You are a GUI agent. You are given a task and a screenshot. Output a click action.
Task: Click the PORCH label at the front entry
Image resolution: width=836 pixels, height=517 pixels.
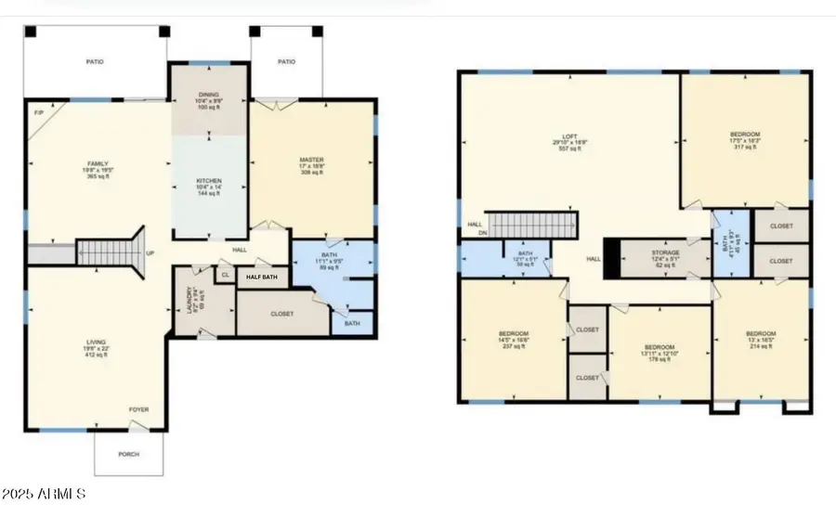tap(130, 454)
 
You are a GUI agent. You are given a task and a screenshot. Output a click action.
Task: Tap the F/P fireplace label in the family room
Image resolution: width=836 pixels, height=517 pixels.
tap(38, 113)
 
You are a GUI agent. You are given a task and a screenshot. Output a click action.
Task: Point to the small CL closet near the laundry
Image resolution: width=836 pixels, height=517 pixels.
tap(225, 275)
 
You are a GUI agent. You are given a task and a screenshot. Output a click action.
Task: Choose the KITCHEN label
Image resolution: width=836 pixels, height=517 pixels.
tap(208, 180)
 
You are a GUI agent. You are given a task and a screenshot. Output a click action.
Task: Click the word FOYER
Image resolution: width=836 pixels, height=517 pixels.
tap(138, 409)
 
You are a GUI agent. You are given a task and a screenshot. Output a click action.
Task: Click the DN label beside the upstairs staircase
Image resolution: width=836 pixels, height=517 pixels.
tap(482, 233)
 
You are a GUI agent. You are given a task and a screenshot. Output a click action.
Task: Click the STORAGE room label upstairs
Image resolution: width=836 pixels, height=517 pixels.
tap(664, 252)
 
